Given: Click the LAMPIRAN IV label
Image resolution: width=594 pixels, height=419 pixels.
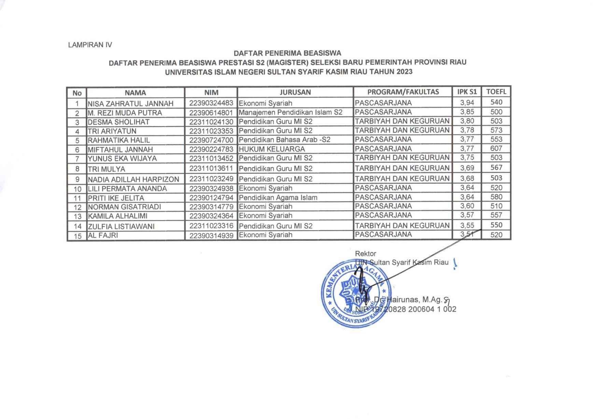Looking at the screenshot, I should [x=90, y=45].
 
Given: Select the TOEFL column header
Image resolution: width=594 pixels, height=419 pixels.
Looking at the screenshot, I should [x=496, y=92].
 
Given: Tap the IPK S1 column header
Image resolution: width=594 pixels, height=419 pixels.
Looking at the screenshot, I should [x=467, y=92].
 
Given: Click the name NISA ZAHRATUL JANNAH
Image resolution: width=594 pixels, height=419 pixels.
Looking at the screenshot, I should [x=130, y=104].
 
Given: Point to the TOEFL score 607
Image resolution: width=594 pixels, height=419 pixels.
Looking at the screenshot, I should [x=496, y=148].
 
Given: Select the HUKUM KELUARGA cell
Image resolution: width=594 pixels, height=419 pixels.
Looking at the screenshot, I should [x=272, y=149].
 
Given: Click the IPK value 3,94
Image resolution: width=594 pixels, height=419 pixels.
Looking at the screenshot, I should [x=467, y=103].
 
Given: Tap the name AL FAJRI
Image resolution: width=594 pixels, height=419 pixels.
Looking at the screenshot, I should [x=103, y=235].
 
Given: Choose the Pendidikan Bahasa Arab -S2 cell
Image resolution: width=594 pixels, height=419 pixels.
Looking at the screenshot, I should [x=284, y=140].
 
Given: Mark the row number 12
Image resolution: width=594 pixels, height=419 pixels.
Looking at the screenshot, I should [x=77, y=207].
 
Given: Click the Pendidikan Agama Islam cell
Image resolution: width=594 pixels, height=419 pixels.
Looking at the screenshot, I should [x=278, y=198].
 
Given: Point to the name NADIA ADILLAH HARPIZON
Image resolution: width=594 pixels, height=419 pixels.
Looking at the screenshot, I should [x=133, y=179].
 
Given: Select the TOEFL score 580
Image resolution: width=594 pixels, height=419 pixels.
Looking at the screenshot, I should [x=496, y=197].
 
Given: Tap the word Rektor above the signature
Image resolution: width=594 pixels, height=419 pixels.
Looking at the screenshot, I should [x=365, y=254].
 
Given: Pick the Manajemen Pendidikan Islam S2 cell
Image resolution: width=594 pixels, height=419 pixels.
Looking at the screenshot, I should [x=291, y=112].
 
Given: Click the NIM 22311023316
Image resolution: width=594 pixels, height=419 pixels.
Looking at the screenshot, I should [x=211, y=226].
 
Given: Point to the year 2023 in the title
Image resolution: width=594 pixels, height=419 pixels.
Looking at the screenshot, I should [x=404, y=72].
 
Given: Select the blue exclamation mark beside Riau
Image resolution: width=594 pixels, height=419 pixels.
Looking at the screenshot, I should [x=454, y=263].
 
